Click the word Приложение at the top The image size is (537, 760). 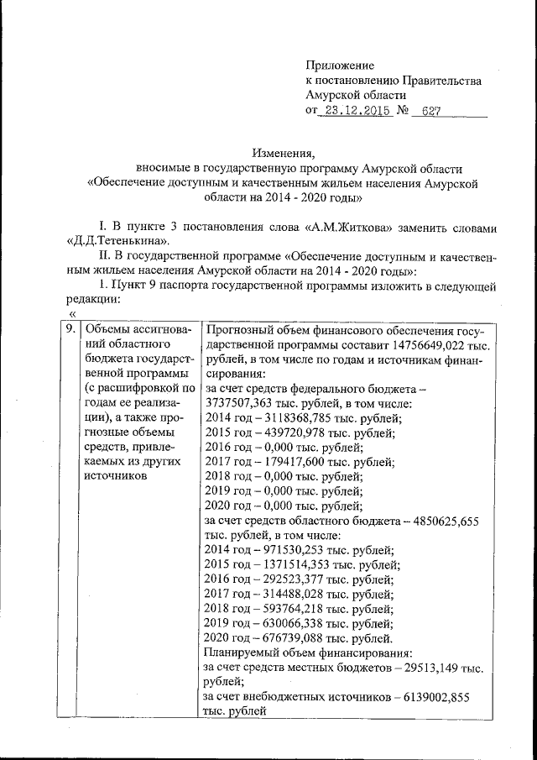tap(340, 66)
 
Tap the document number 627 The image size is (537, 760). tap(432, 112)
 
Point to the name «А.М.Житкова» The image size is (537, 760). tap(384, 228)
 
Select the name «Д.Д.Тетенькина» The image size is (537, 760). tap(112, 243)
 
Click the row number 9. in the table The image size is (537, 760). tap(74, 330)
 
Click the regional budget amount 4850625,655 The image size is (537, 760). tap(441, 521)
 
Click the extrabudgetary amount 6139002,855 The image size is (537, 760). tap(430, 696)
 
